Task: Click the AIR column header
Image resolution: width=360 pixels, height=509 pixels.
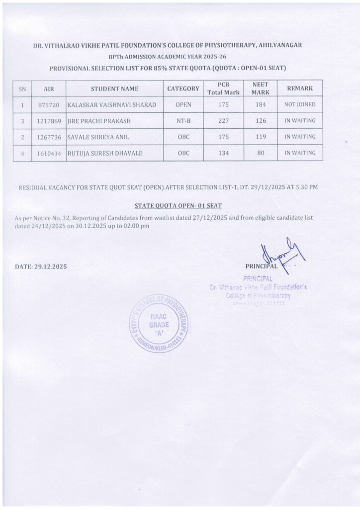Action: pos(49,89)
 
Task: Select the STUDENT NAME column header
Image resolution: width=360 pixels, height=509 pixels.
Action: pos(114,89)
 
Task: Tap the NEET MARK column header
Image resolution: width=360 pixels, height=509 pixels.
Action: pos(260,88)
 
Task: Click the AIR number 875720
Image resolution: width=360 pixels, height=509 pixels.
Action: pos(49,105)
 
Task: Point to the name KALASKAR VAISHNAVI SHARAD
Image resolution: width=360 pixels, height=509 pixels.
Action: pos(111,105)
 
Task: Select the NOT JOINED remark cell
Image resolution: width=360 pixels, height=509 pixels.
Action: pos(300,104)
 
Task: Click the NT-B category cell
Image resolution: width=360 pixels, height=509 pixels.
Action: pos(183,121)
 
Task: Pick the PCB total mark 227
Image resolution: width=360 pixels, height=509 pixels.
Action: pos(223,120)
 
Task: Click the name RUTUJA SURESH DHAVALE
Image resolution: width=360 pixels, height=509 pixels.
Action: pos(104,153)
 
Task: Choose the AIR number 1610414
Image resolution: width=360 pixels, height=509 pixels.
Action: pos(49,153)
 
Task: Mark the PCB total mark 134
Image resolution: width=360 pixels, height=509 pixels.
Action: pos(223,153)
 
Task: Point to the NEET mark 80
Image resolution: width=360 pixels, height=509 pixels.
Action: pos(260,153)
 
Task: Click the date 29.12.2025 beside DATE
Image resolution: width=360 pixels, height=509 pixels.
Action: pos(50,266)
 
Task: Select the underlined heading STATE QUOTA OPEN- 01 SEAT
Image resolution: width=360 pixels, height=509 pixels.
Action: pos(179,204)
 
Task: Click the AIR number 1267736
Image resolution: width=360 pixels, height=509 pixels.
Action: pos(49,137)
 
